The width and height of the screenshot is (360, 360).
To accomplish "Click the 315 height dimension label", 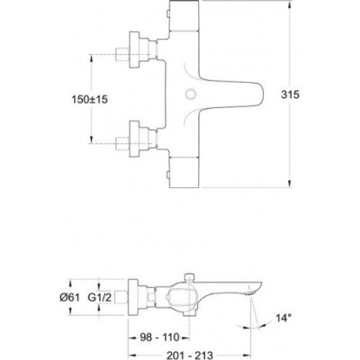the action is [290, 94].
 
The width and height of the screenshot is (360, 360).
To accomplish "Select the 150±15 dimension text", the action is [89, 99].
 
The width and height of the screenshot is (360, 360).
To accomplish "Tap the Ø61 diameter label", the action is [69, 298].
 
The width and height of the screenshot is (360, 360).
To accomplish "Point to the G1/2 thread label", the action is [100, 298].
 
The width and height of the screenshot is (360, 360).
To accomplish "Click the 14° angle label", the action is [283, 317].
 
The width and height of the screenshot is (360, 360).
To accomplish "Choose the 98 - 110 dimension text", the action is [159, 337].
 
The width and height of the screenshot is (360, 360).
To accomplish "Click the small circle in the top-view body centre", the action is [190, 94].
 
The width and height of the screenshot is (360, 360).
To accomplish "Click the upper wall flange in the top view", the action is [134, 49].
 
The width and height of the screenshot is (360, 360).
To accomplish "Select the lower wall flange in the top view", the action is [134, 139].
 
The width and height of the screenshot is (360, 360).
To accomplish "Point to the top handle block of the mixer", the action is [184, 15].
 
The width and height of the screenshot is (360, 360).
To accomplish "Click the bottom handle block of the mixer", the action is [184, 173].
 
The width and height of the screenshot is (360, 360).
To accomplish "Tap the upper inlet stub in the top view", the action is [123, 54].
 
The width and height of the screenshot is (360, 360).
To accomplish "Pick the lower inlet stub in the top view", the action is [123, 143].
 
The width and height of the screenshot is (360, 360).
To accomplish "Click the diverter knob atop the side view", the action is [189, 276].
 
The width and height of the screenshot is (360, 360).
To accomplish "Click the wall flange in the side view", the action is [133, 297].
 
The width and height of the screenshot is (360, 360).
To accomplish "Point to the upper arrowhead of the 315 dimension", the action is [291, 4].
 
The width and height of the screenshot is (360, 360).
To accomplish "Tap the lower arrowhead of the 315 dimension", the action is [291, 184].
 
